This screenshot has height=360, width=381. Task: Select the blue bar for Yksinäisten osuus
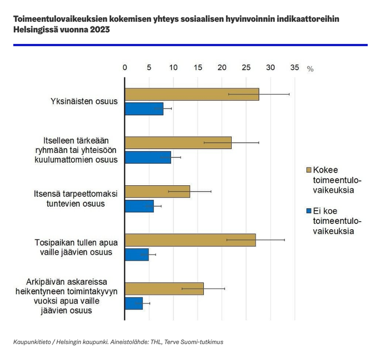(144, 109)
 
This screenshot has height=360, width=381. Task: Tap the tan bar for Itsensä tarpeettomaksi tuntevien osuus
(157, 192)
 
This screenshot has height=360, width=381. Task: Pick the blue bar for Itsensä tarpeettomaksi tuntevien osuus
(139, 206)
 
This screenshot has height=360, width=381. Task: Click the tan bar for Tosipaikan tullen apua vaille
(190, 240)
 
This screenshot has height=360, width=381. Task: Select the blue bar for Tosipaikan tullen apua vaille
(137, 255)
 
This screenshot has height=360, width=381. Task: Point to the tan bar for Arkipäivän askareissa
(164, 289)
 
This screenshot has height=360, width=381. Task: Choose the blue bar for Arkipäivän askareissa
(134, 303)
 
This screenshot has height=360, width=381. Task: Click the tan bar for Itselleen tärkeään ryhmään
(178, 142)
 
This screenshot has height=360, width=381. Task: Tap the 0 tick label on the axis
(125, 68)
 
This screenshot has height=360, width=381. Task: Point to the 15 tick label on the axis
(198, 68)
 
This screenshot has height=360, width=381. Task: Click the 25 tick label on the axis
(246, 68)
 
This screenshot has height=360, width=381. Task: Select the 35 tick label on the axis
(295, 68)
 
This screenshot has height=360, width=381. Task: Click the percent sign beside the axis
(310, 69)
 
